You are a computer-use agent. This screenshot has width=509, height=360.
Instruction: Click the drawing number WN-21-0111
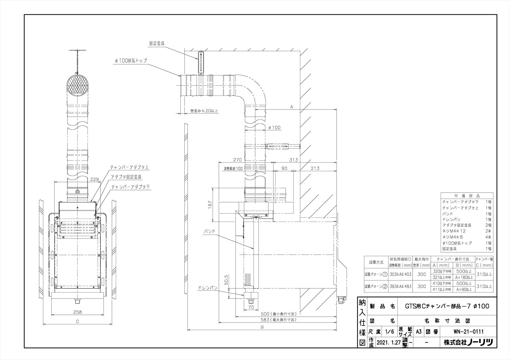pyautogui.click(x=469, y=331)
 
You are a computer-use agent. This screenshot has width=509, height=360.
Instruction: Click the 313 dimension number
pyautogui.click(x=293, y=160)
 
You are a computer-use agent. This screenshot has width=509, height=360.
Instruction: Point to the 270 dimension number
pyautogui.click(x=237, y=160)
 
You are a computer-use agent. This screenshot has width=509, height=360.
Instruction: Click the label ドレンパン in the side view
pyautogui.click(x=207, y=288)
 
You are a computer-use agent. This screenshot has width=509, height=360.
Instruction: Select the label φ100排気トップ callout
pyautogui.click(x=131, y=60)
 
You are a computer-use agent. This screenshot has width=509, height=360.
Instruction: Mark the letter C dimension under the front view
pyautogui.click(x=77, y=322)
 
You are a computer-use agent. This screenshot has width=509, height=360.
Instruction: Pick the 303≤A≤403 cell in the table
pyautogui.click(x=401, y=274)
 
